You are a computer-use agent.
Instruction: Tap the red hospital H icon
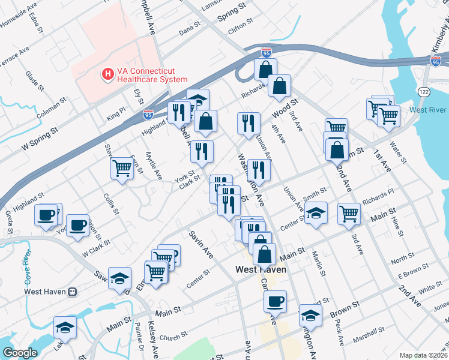tap(108, 75)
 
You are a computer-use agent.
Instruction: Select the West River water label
tap(427, 110)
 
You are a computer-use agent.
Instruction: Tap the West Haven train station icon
tap(73, 292)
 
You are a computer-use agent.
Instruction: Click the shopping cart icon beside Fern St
tap(122, 167)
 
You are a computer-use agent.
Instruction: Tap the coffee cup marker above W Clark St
tap(77, 225)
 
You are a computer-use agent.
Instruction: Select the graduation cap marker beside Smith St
tap(316, 214)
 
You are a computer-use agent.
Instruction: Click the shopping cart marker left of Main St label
tap(349, 213)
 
